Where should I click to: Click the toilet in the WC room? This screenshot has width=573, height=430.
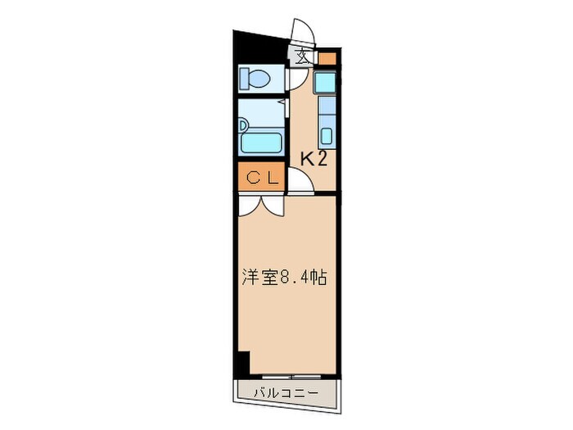pos(256,79)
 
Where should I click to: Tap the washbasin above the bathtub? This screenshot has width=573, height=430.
pos(244,125)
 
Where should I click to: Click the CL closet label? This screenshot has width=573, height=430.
pos(260,176)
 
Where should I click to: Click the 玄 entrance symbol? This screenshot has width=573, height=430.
pos(302,58)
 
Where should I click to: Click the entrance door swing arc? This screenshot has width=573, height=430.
pos(301,33)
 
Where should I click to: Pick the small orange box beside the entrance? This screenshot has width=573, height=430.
pos(326,58)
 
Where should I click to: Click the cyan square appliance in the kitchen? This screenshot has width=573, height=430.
pos(326,82)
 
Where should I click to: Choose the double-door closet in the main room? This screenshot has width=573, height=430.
pos(260,206)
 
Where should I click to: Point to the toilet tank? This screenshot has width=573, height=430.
pos(245,79)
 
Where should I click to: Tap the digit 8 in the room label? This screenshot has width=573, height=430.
pos(283,278)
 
